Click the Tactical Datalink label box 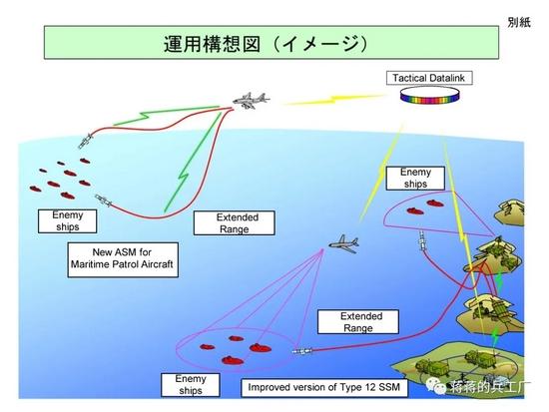pyautogui.click(x=429, y=78)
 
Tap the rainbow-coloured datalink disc pyautogui.click(x=429, y=95)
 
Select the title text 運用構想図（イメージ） pyautogui.click(x=267, y=44)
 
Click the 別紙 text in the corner pyautogui.click(x=519, y=23)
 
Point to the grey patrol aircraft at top pyautogui.click(x=251, y=101)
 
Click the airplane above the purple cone pyautogui.click(x=344, y=243)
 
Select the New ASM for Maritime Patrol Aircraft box pyautogui.click(x=123, y=260)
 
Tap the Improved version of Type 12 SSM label pyautogui.click(x=324, y=387)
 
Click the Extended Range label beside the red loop pyautogui.click(x=235, y=223)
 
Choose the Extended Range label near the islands pyautogui.click(x=358, y=321)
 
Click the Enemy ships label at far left pyautogui.click(x=67, y=220)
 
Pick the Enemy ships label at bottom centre pyautogui.click(x=190, y=385)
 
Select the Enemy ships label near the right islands pyautogui.click(x=415, y=179)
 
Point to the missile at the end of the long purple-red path pyautogui.click(x=302, y=351)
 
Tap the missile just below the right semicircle pyautogui.click(x=423, y=242)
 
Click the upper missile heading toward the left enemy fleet pyautogui.click(x=86, y=141)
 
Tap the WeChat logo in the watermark pyautogui.click(x=436, y=385)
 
